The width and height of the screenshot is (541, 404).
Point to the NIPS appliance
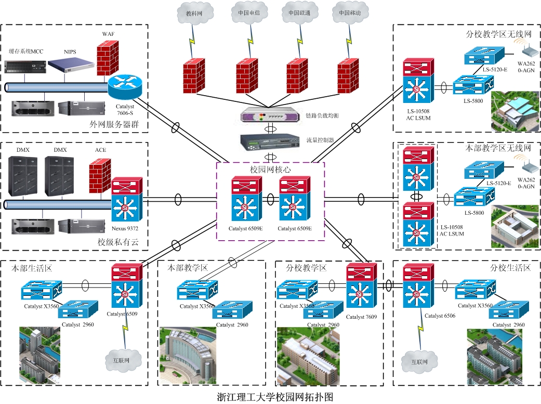pyautogui.click(x=71, y=65)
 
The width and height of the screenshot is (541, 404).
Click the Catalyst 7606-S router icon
pyautogui.click(x=126, y=86)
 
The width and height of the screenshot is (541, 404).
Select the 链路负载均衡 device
pyautogui.click(x=270, y=115)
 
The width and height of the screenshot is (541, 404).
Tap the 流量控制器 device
pyautogui.click(x=270, y=140)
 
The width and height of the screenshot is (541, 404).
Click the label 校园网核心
pyautogui.click(x=269, y=170)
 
